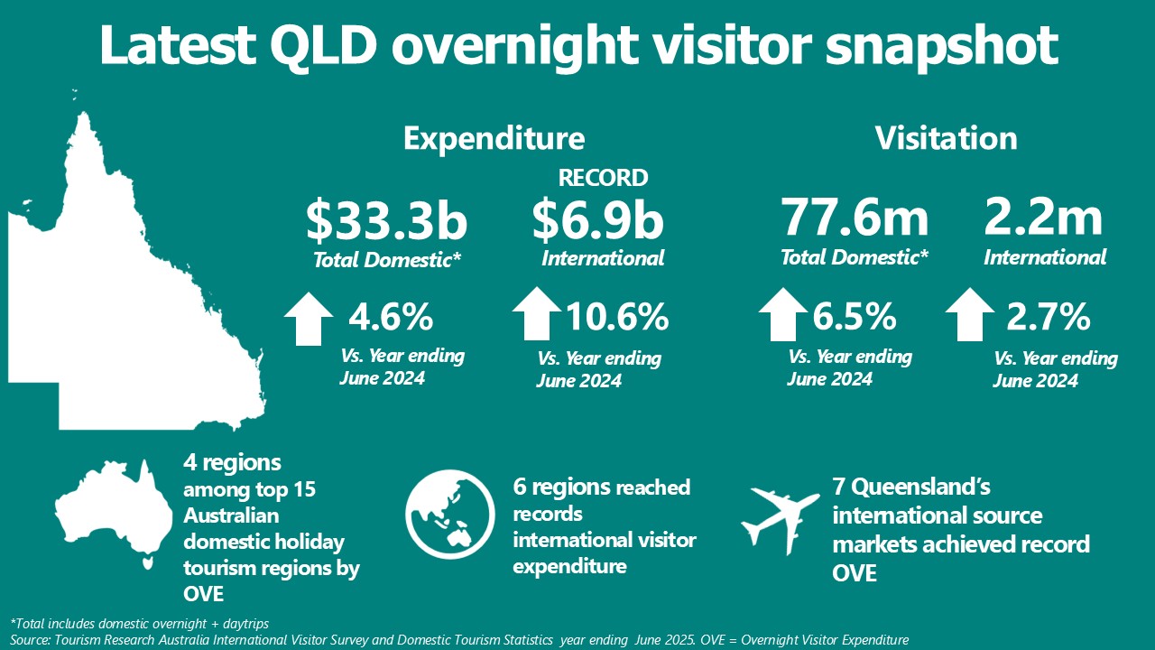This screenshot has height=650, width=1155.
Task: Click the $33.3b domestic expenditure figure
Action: (386, 222)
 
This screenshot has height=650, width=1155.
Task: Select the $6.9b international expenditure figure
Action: (597, 222)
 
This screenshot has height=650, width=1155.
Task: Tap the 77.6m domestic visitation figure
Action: (855, 219)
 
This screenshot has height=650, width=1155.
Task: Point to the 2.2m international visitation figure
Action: (1044, 219)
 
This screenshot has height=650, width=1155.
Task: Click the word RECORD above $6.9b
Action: (603, 177)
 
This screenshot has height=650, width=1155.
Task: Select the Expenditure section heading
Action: (494, 138)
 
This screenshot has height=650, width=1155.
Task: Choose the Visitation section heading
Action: (946, 138)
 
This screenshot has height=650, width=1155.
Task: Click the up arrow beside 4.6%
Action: (309, 318)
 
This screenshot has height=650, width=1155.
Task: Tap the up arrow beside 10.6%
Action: (537, 313)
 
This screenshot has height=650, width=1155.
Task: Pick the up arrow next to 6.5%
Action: (783, 313)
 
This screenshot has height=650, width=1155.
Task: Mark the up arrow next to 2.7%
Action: (970, 313)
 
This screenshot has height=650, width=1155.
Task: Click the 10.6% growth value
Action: (617, 317)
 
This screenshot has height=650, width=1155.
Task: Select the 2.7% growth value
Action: (1049, 317)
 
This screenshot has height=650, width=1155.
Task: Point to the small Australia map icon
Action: (113, 510)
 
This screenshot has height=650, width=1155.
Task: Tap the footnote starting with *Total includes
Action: (140, 623)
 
